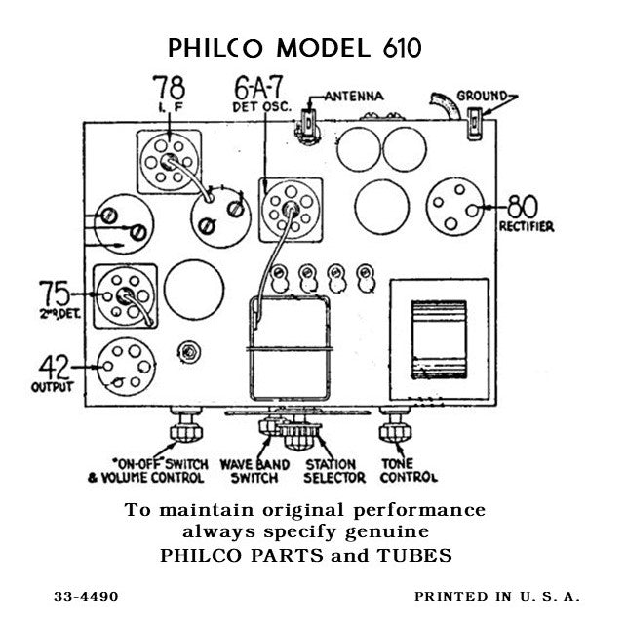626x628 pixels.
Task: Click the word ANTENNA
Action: point(352,97)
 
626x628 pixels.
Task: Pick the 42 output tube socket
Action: point(125,366)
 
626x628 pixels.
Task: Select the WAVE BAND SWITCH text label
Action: point(254,471)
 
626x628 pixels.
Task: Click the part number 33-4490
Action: point(87,596)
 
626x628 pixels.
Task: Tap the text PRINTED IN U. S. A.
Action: point(496,596)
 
